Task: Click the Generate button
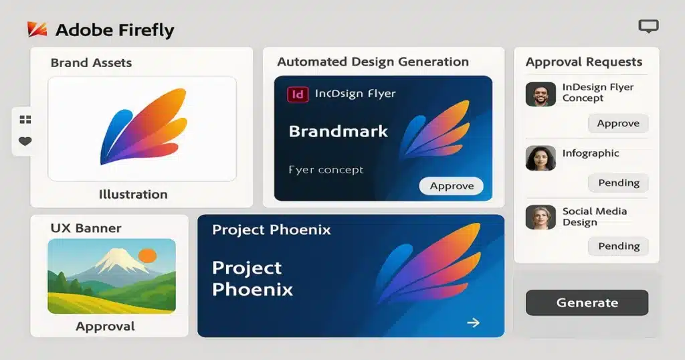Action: [x=587, y=302]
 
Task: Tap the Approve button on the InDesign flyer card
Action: [x=452, y=186]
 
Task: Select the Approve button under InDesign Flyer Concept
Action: [x=617, y=123]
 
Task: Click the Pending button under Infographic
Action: [x=618, y=183]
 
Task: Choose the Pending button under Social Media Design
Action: [x=618, y=246]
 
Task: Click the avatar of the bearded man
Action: [x=541, y=94]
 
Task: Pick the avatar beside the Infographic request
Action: [x=541, y=158]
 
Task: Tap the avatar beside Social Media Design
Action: [x=541, y=217]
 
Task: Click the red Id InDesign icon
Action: [x=298, y=94]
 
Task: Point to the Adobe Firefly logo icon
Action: [x=36, y=29]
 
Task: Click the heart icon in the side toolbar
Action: [x=25, y=141]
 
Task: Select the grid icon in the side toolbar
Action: [x=25, y=120]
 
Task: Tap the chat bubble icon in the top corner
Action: [x=648, y=26]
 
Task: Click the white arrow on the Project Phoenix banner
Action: [x=473, y=323]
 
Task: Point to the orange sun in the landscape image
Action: [x=146, y=254]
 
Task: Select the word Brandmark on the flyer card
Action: [x=338, y=131]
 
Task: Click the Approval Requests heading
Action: [x=583, y=62]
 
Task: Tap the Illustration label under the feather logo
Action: [x=133, y=195]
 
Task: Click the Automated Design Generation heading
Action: [x=373, y=62]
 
